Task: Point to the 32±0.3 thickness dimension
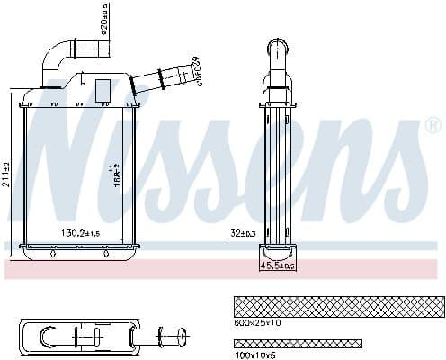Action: tap(243, 233)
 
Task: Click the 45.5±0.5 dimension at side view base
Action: tap(278, 265)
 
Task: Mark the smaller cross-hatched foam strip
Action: tap(297, 343)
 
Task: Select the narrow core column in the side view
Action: tap(278, 171)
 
